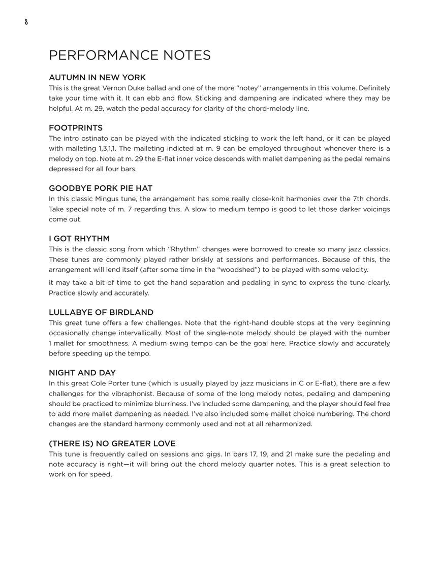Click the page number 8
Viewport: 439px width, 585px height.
pyautogui.click(x=26, y=22)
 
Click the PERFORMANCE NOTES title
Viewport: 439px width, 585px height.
pyautogui.click(x=130, y=55)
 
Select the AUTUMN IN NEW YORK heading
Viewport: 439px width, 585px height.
pyautogui.click(x=97, y=78)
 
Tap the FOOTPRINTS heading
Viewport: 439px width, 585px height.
pyautogui.click(x=76, y=128)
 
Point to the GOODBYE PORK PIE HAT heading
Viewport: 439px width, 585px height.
pyautogui.click(x=101, y=188)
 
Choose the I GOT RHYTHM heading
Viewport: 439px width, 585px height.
pyautogui.click(x=79, y=239)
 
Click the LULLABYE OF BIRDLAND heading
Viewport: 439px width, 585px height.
pyautogui.click(x=101, y=312)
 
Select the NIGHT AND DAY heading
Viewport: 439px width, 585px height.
pyautogui.click(x=82, y=373)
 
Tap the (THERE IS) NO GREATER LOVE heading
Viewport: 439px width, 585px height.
pyautogui.click(x=112, y=443)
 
